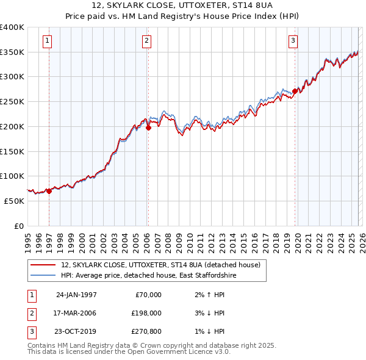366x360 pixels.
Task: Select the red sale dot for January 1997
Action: point(49,191)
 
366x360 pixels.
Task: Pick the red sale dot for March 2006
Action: point(148,128)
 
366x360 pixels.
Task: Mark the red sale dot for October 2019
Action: point(295,92)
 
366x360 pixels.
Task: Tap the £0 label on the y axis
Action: point(18,226)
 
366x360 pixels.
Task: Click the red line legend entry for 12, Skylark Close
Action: point(161,265)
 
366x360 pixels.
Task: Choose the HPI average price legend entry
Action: point(148,276)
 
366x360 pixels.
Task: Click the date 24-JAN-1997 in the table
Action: point(76,295)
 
